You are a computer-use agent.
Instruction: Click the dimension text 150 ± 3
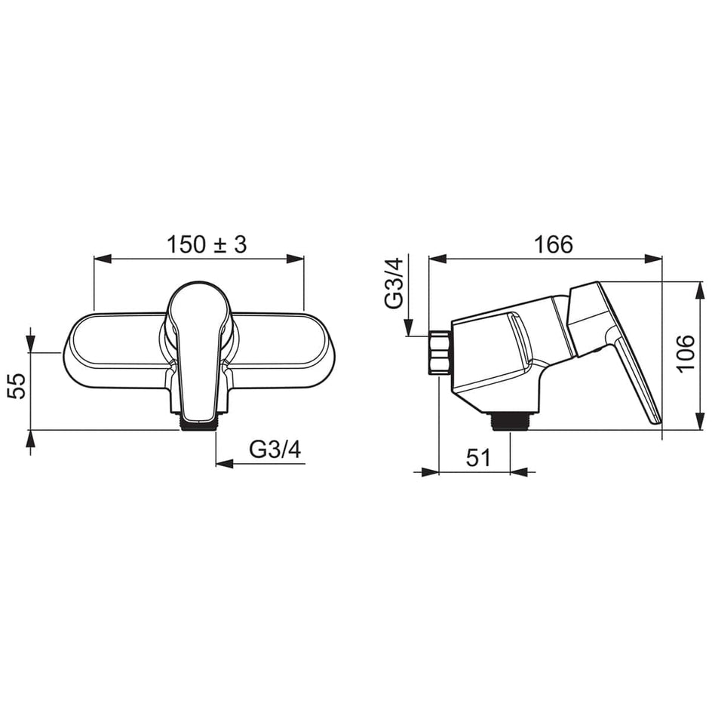point(207,244)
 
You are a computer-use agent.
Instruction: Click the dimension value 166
point(553,244)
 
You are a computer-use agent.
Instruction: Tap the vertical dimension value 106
point(685,353)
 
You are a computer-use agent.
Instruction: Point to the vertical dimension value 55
point(18,385)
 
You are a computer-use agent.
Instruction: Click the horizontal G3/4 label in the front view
point(275,450)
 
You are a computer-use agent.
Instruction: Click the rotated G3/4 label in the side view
point(393,283)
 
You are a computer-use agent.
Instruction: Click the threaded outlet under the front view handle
point(198,424)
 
